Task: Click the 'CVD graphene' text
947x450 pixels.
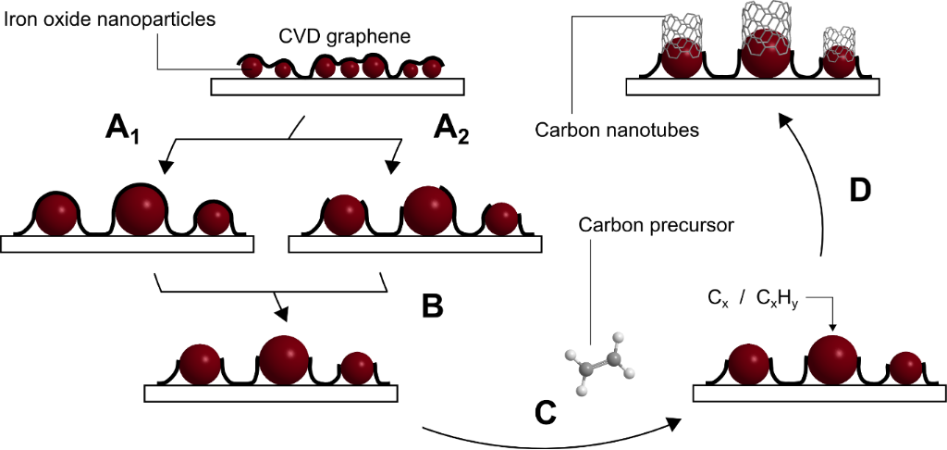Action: (x=344, y=38)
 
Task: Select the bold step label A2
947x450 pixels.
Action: (x=451, y=131)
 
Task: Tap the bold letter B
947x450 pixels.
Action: (x=433, y=306)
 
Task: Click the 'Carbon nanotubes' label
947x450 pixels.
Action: (x=617, y=131)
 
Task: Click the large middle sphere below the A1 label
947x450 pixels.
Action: (x=142, y=210)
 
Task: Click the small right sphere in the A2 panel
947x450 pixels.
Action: (x=501, y=219)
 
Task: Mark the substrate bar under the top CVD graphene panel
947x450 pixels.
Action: (x=338, y=87)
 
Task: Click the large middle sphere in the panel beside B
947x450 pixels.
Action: (x=286, y=360)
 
